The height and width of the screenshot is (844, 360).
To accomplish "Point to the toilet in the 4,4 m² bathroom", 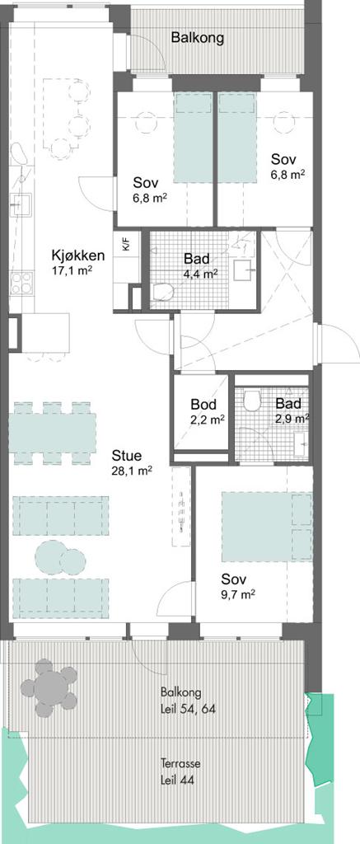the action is tap(162, 293).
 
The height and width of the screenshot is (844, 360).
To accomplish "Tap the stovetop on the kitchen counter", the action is tap(21, 284).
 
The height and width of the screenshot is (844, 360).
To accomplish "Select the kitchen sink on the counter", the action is tap(21, 204).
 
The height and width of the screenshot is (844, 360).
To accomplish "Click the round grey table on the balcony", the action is tap(50, 687).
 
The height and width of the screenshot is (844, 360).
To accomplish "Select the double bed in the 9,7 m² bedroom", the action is tap(267, 527).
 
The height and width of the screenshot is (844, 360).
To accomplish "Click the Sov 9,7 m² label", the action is tap(238, 587).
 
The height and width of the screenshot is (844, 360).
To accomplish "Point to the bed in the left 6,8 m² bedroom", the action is tap(194, 138).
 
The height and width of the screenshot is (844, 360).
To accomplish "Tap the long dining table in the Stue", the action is tap(53, 433).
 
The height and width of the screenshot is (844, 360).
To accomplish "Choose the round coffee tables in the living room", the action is tap(60, 558).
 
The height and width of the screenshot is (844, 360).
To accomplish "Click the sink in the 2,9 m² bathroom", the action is tap(301, 444).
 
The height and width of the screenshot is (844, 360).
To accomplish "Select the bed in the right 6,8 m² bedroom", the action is tap(236, 138).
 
